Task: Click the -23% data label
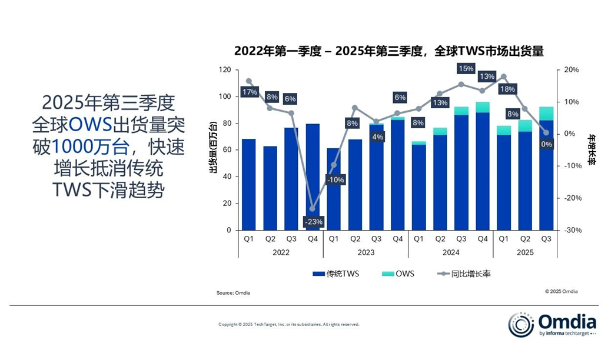[313, 222]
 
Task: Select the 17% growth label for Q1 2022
[249, 92]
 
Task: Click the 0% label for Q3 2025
[547, 144]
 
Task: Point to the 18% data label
[507, 89]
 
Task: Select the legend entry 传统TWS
[335, 274]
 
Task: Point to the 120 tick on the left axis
[224, 70]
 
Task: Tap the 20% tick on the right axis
[571, 70]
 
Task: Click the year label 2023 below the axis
[366, 252]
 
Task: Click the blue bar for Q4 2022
[313, 176]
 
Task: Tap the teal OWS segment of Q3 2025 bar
[546, 114]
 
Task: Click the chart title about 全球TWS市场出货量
[388, 51]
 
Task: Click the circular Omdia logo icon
[521, 325]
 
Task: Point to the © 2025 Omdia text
[561, 291]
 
